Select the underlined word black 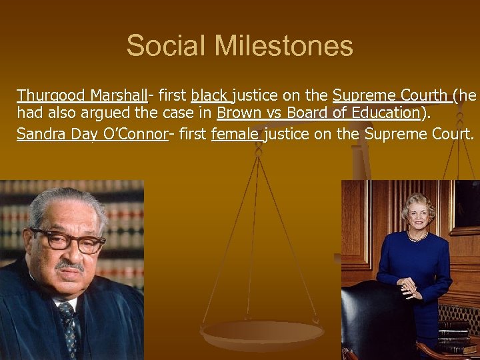[209, 95]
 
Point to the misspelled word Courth [427, 95]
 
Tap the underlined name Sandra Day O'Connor [92, 134]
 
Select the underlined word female [236, 134]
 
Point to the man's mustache [70, 265]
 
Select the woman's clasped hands [409, 287]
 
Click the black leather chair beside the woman [373, 320]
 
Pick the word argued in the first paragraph [122, 113]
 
